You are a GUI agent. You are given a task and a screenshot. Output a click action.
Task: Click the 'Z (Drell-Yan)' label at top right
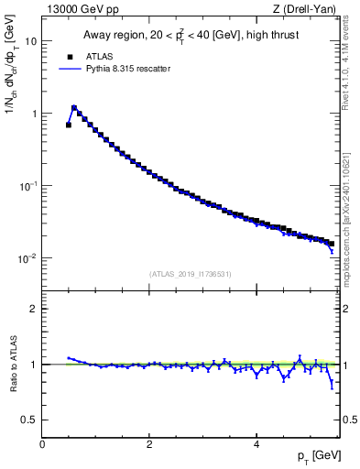[307, 8]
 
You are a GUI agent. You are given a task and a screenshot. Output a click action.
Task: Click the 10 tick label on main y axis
[30, 41]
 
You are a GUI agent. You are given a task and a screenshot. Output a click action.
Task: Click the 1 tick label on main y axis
[33, 114]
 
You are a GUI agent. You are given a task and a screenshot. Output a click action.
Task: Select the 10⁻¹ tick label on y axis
[28, 186]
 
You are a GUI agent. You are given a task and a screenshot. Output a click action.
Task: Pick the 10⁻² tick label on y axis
[28, 258]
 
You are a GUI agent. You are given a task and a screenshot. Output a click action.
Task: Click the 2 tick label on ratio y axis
[33, 309]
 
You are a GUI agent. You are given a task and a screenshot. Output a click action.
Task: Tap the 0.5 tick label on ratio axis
[29, 420]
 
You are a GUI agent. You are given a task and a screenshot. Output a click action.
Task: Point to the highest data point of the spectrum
[74, 107]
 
